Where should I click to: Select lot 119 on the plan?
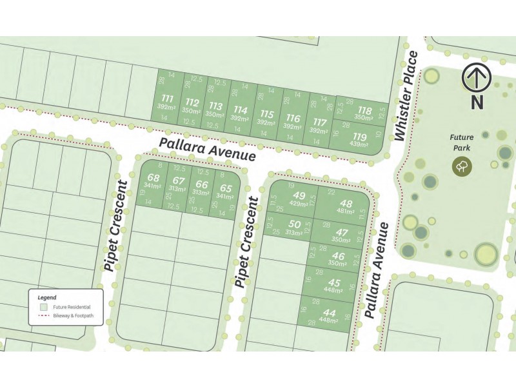(359, 137)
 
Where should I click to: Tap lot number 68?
(153, 178)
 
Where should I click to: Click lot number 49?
(299, 195)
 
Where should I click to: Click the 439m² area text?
(359, 144)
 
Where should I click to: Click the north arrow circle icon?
(477, 79)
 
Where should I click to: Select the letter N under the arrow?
(477, 101)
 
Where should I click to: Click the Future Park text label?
(462, 142)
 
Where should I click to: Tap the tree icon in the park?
(462, 166)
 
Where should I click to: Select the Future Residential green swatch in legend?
(42, 307)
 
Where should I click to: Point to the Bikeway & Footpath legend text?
(74, 316)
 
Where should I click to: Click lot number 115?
(266, 114)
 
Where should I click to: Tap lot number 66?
(201, 184)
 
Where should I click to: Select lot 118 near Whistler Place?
(364, 110)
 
